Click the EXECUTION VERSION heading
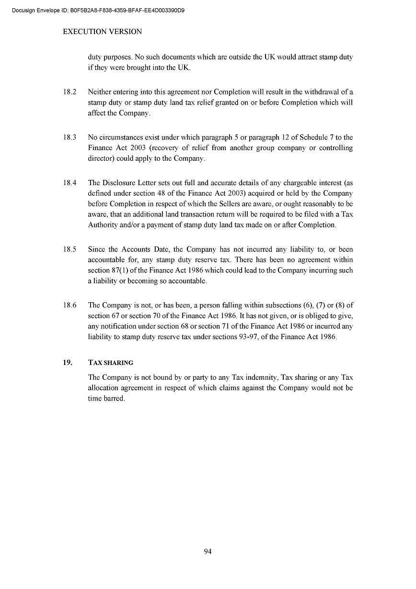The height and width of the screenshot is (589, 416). tap(103, 32)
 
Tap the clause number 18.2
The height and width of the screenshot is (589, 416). tap(69, 92)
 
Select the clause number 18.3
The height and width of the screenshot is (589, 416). tap(69, 137)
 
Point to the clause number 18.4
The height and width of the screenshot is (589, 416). tap(69, 183)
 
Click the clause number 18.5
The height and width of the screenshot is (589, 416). tap(69, 249)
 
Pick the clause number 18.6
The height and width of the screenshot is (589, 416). tap(69, 305)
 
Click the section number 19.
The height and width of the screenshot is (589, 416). tap(68, 362)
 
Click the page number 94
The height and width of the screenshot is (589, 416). tap(208, 552)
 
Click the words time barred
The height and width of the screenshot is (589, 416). tap(106, 399)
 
